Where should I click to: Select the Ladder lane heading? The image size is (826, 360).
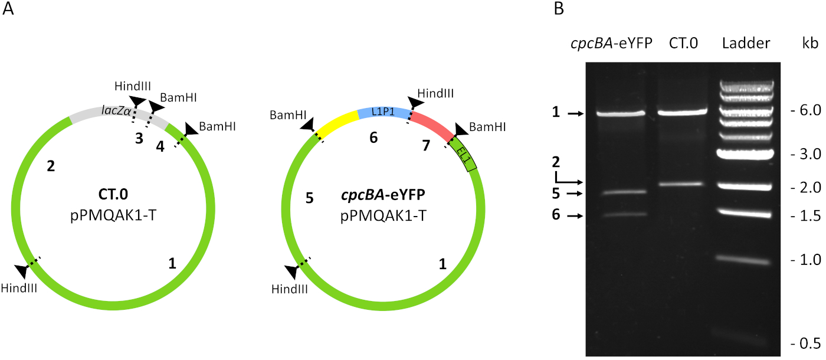[x=746, y=43]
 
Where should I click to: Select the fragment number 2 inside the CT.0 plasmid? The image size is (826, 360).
[x=51, y=167]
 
